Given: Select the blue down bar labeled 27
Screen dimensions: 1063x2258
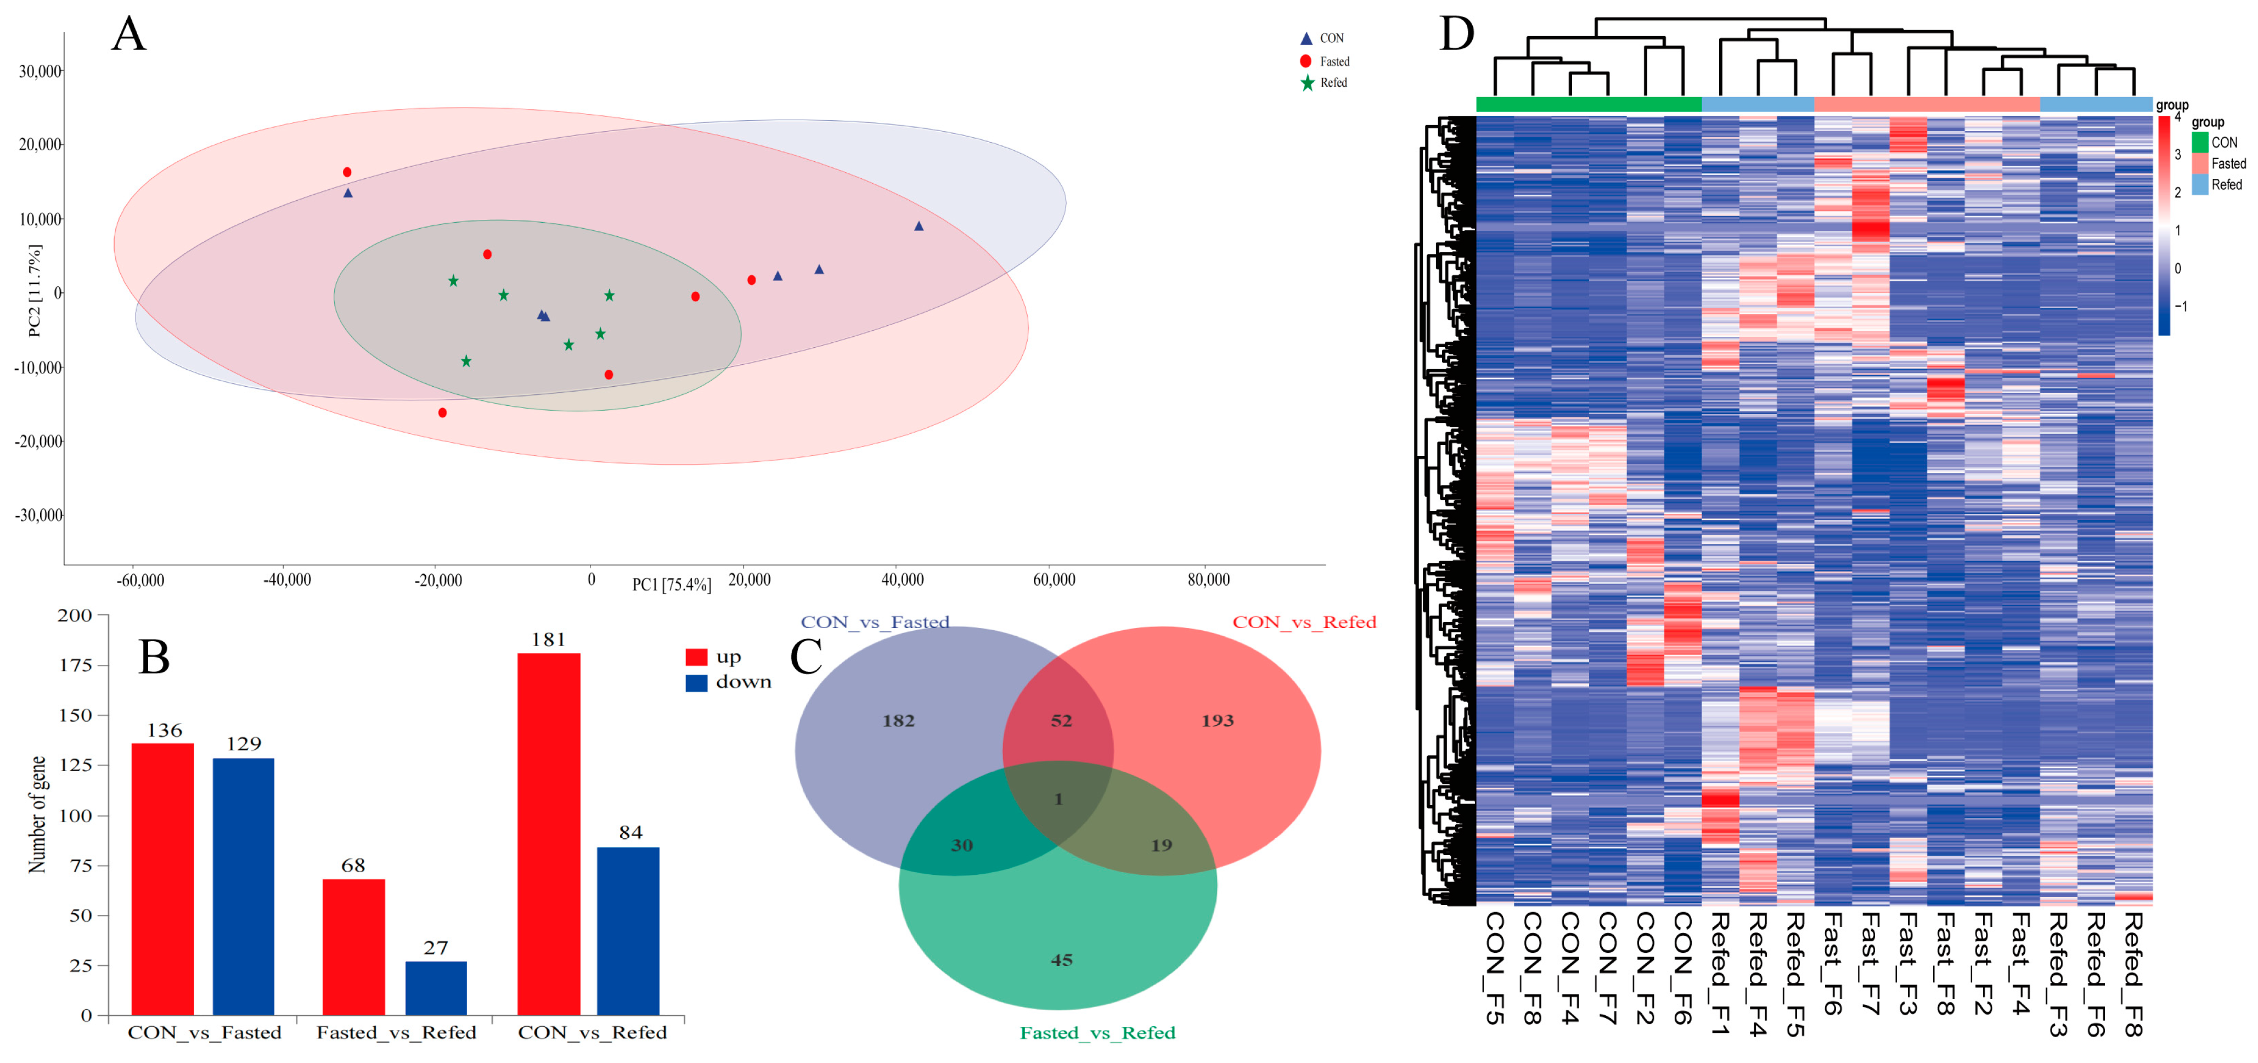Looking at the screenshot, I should (436, 988).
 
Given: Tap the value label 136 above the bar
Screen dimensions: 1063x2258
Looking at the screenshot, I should (164, 730).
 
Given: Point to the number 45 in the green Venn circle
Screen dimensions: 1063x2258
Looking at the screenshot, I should (1061, 959).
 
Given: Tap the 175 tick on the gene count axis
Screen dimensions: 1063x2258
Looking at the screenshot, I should (75, 665).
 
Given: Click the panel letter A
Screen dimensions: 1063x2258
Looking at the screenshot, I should (129, 35).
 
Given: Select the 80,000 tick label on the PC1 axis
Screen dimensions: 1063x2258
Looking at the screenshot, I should (1208, 579).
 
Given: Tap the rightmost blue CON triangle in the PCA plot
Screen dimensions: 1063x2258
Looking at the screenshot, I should (919, 226).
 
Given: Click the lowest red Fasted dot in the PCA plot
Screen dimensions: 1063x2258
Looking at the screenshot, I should (443, 413).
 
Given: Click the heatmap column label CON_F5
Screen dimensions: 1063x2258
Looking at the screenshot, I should (1495, 968).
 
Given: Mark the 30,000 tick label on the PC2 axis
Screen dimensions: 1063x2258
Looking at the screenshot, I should (40, 71).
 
